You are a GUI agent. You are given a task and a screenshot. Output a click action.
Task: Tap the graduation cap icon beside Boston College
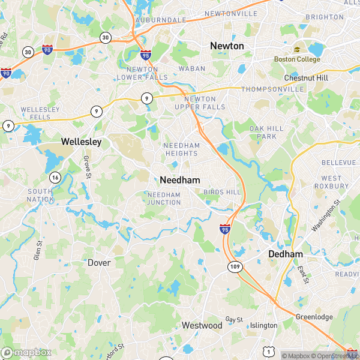(296, 50)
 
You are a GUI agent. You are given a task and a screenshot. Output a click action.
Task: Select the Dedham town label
(285, 254)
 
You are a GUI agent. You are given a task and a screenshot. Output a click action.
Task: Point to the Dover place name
(99, 263)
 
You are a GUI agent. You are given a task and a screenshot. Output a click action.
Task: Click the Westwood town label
(202, 325)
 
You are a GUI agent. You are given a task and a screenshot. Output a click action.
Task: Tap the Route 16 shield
(55, 177)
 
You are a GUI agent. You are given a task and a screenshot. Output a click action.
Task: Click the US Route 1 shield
(270, 351)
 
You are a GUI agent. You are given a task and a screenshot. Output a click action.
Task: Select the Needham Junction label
(164, 199)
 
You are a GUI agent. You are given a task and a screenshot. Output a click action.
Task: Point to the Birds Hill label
(222, 192)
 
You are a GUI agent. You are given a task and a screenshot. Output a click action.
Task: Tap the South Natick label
(40, 195)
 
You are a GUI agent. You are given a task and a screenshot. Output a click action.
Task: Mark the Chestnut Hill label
(306, 78)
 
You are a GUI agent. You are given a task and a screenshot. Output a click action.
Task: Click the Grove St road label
(87, 166)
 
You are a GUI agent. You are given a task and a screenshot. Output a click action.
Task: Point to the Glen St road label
(38, 250)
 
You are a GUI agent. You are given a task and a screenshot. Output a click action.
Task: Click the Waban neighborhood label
(192, 69)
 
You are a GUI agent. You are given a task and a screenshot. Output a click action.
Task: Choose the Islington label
(263, 325)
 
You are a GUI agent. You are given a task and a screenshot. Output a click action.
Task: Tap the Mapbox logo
(25, 353)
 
